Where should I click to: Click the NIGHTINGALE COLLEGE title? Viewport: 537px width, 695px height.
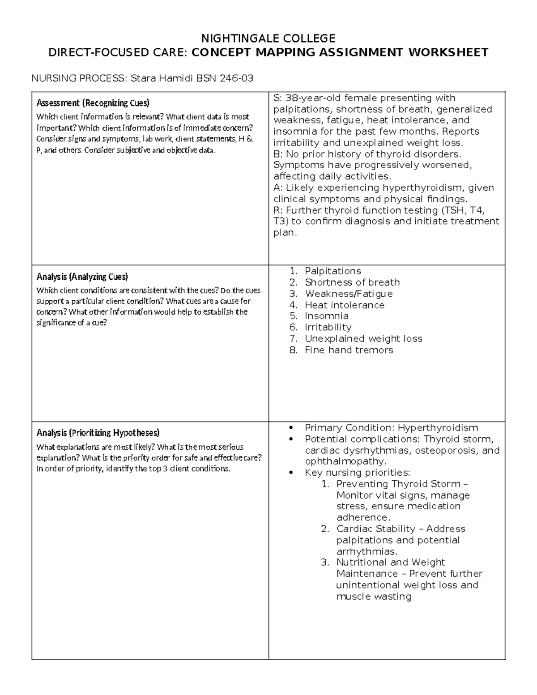tap(268, 38)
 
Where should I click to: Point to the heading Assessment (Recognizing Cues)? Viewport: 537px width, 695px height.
tap(93, 103)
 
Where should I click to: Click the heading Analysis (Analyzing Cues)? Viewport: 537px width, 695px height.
tap(82, 276)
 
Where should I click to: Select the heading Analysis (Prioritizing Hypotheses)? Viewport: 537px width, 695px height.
tap(98, 433)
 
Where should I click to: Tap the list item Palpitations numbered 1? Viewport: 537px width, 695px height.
tap(332, 271)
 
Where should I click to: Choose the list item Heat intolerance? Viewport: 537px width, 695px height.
tap(344, 305)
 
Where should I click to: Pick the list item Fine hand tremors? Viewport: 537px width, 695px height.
tap(349, 350)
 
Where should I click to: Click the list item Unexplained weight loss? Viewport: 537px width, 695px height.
tap(363, 339)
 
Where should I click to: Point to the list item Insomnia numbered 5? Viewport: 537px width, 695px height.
tap(326, 316)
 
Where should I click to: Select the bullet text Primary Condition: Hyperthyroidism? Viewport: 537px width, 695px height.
tap(391, 428)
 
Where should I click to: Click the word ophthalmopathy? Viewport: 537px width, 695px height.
tap(345, 461)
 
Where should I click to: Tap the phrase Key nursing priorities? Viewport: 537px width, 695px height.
tap(357, 473)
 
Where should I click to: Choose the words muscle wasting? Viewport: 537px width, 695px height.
tap(373, 596)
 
